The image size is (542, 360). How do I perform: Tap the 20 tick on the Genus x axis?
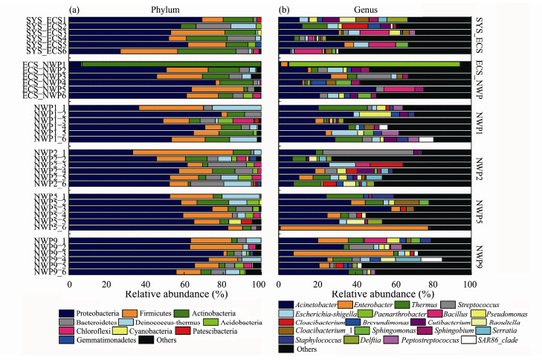[x=317, y=283]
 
